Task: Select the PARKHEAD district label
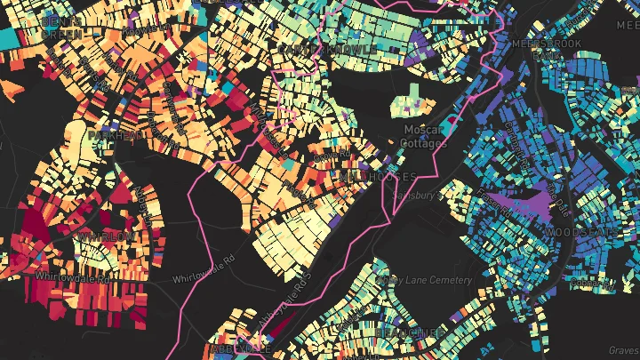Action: tap(114, 135)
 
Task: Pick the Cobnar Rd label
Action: tap(591, 284)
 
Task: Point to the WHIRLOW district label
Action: tap(105, 236)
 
